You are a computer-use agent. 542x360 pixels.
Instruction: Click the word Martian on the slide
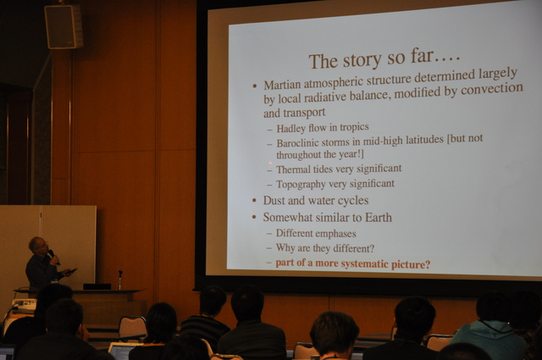[x=281, y=85]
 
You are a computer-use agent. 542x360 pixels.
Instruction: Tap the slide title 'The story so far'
[x=384, y=59]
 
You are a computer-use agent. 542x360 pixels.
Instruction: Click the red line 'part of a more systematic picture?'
[x=353, y=264]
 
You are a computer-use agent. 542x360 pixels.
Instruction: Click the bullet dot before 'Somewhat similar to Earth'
[x=254, y=218]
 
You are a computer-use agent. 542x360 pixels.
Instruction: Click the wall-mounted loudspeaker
[x=64, y=26]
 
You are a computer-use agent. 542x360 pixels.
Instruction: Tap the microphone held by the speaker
[x=53, y=257]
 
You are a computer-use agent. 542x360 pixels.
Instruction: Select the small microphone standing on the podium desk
[x=120, y=279]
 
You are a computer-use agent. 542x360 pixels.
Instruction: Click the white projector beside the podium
[x=24, y=304]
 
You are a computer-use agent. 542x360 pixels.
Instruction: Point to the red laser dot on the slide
[x=270, y=163]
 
